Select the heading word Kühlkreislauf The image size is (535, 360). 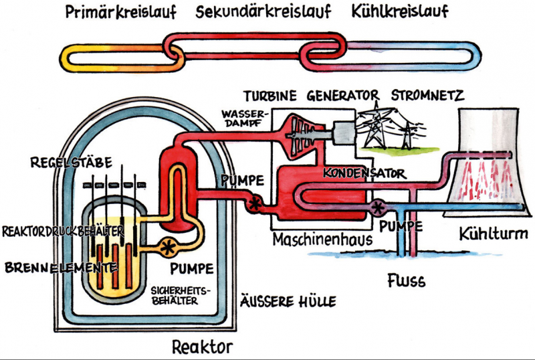tap(399, 12)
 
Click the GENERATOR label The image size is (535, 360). tap(343, 95)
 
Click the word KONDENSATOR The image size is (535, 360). tap(364, 173)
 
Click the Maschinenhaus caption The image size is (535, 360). tap(316, 239)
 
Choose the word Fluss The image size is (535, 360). tap(406, 280)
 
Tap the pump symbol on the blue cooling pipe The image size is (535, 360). tap(379, 207)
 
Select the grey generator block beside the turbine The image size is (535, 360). tap(342, 132)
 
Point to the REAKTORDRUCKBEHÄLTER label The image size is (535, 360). tap(63, 231)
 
